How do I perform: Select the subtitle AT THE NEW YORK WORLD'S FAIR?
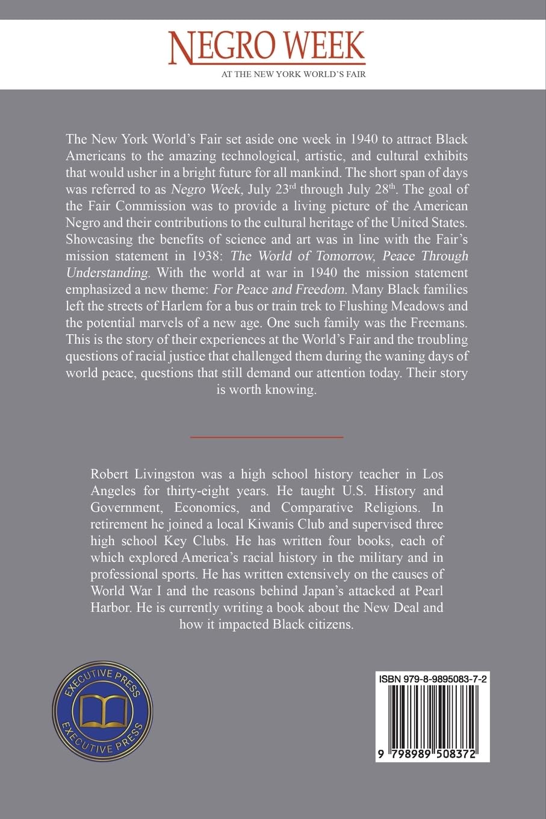(294, 75)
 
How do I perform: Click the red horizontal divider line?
(267, 436)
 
